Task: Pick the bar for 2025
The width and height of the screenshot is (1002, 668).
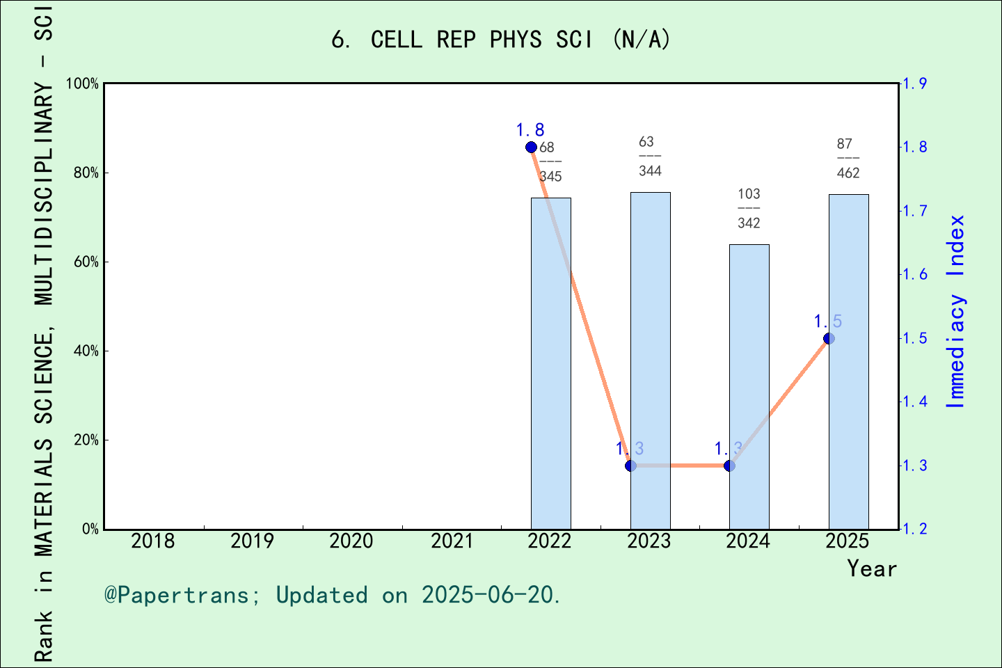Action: [x=848, y=361]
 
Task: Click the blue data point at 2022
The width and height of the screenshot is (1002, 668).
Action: [x=531, y=147]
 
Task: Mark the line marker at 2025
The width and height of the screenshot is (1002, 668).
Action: [x=829, y=338]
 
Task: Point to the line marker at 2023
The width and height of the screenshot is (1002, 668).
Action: [x=630, y=466]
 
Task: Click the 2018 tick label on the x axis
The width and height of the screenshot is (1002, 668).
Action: [x=153, y=541]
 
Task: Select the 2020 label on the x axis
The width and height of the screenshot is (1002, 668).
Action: [x=351, y=541]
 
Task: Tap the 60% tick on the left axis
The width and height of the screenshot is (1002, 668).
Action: [x=86, y=262]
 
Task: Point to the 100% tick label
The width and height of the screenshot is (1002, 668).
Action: [x=82, y=84]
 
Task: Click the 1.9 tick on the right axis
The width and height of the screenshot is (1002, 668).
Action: [x=914, y=84]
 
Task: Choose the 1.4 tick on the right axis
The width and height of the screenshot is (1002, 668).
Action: [x=914, y=401]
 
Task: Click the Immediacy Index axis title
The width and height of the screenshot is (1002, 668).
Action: [x=956, y=311]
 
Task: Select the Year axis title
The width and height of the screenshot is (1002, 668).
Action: [x=871, y=568]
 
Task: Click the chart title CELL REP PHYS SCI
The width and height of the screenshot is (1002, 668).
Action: [x=501, y=40]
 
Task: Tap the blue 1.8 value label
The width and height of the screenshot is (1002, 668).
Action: [x=530, y=130]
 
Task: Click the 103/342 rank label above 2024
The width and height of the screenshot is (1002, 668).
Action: [x=749, y=208]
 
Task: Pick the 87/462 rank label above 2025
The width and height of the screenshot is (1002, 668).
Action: [x=848, y=158]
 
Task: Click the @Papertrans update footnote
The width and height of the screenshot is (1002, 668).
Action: [x=333, y=595]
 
